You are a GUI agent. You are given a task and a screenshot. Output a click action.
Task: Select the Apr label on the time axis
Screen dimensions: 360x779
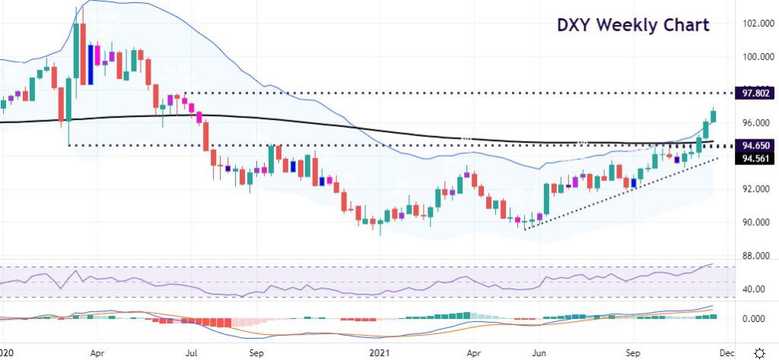[97, 353]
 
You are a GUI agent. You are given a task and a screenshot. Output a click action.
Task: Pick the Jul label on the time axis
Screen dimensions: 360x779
[192, 353]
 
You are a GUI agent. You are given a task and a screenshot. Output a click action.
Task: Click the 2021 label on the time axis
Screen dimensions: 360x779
[377, 353]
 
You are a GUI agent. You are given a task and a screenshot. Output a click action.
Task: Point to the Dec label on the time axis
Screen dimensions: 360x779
[726, 353]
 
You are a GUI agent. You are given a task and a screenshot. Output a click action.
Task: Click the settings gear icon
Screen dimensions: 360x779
[759, 353]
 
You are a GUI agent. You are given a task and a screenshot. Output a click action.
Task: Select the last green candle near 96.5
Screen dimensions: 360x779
[714, 116]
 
